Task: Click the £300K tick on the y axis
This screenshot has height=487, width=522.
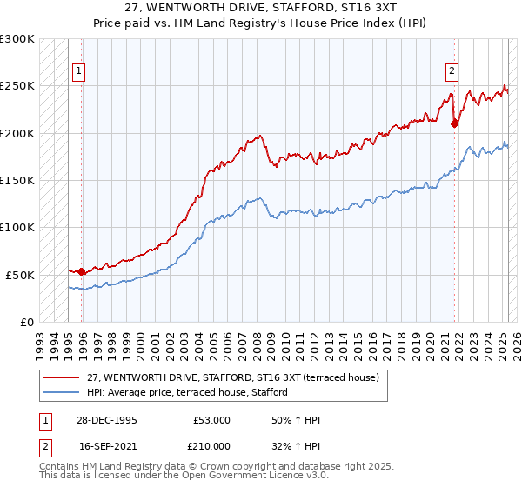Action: (17, 39)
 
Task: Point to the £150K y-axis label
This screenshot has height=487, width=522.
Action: (17, 180)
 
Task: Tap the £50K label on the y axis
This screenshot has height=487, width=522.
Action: (21, 275)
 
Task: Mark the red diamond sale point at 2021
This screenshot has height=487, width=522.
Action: (454, 123)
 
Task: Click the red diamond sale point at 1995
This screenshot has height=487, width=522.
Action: (82, 271)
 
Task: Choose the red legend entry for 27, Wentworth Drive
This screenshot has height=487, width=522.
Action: (232, 377)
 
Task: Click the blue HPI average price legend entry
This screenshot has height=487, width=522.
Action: (192, 392)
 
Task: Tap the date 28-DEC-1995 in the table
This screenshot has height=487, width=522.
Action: (108, 420)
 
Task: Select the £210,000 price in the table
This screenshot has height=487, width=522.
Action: (211, 445)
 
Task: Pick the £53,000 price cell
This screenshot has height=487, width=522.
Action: (211, 420)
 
